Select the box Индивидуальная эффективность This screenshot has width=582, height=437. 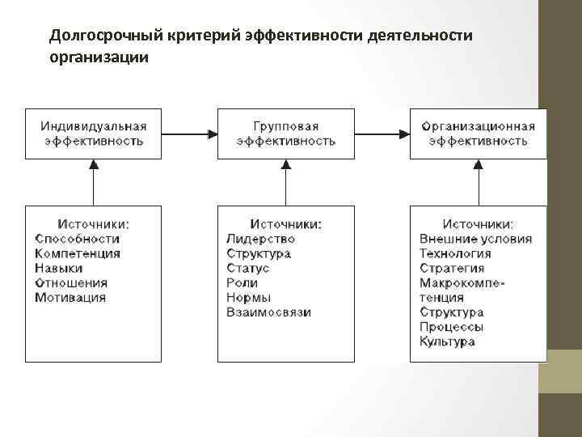pyautogui.click(x=93, y=134)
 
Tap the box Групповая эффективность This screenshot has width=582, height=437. pyautogui.click(x=285, y=134)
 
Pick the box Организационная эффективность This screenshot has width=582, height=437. pyautogui.click(x=478, y=134)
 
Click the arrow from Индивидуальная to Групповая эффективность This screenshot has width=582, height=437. pyautogui.click(x=188, y=133)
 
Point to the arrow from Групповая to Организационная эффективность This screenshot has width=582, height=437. pyautogui.click(x=382, y=133)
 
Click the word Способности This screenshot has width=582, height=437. pyautogui.click(x=77, y=239)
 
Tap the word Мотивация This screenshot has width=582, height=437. pyautogui.click(x=70, y=298)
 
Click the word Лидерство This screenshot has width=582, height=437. pyautogui.click(x=261, y=239)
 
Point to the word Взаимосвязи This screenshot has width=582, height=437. pyautogui.click(x=268, y=312)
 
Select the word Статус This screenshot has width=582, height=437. pyautogui.click(x=248, y=269)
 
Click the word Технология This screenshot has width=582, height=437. pyautogui.click(x=455, y=253)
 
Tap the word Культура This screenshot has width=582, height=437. pyautogui.click(x=447, y=342)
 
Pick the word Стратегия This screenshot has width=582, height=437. pyautogui.click(x=452, y=269)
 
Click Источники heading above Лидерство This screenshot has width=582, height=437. pyautogui.click(x=285, y=223)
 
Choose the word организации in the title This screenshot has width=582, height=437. pyautogui.click(x=99, y=58)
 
